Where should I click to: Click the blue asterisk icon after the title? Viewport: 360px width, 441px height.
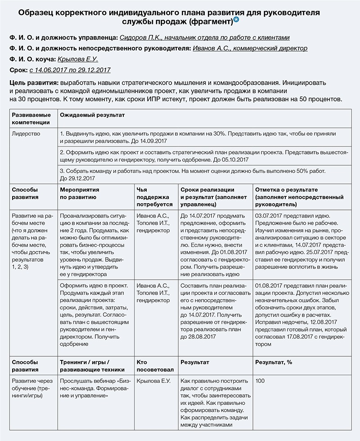click(x=236, y=21)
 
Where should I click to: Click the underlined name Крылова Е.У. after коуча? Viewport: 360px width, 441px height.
click(x=78, y=59)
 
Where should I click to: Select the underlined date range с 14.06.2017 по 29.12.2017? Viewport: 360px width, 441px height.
click(x=70, y=70)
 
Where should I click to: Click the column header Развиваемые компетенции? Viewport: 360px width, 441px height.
click(x=31, y=119)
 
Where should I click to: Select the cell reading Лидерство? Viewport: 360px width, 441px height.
click(x=26, y=134)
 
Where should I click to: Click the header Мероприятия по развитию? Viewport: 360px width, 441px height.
click(x=79, y=194)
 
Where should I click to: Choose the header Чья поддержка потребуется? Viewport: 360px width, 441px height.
click(x=153, y=197)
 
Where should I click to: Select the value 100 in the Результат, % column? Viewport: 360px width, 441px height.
click(x=260, y=381)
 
